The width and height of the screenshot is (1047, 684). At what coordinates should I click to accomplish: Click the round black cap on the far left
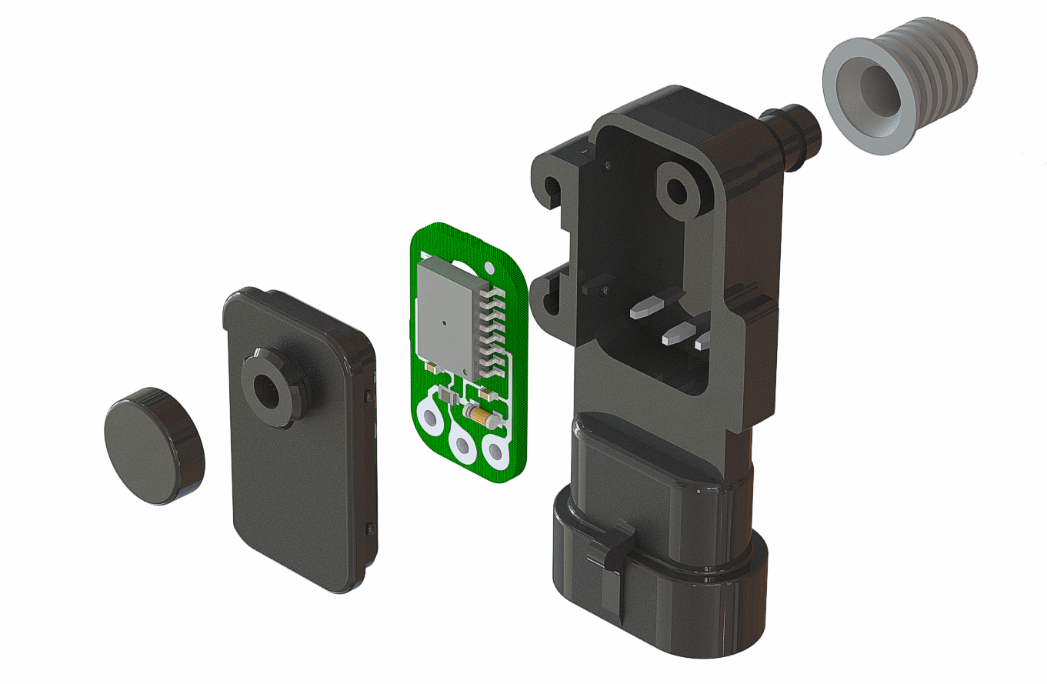(x=152, y=446)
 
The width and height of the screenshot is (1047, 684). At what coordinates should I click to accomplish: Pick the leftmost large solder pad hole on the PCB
(x=428, y=419)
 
